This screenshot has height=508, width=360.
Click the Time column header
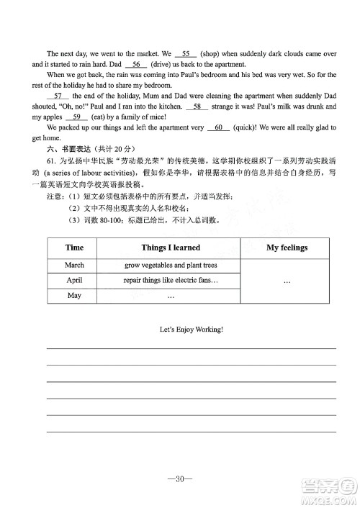pos(74,248)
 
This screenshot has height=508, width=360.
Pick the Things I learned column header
pos(171,248)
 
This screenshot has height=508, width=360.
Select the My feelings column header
pos(287,248)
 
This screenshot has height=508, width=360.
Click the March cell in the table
pos(74,265)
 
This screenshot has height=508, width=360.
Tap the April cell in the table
pos(74,280)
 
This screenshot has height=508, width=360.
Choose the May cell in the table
pos(74,296)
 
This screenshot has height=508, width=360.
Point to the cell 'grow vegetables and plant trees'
pos(171,265)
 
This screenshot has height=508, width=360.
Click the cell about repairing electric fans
pos(171,280)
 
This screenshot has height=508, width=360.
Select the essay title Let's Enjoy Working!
pos(191,329)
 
